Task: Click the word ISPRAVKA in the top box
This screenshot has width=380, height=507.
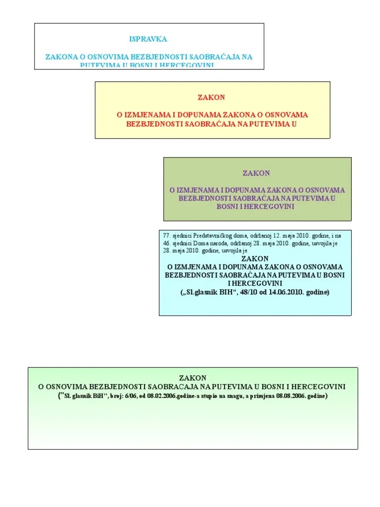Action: click(148, 39)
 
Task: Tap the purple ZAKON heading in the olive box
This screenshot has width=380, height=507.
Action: click(256, 173)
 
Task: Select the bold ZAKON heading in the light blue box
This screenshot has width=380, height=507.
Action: click(255, 258)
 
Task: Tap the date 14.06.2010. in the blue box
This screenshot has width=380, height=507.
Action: click(285, 292)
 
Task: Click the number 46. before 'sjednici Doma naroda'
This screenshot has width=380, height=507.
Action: click(166, 243)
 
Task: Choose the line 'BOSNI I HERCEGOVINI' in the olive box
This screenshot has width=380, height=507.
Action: click(255, 206)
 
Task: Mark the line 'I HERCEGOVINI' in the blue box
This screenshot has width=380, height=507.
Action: click(255, 283)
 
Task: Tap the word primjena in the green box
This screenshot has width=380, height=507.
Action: click(263, 397)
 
